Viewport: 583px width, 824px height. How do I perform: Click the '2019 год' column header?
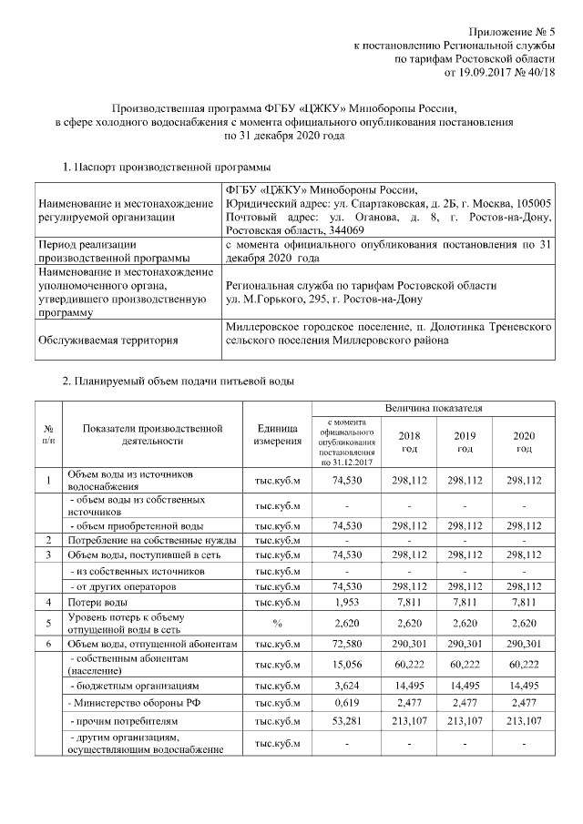(x=465, y=443)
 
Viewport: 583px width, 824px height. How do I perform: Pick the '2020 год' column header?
(x=524, y=443)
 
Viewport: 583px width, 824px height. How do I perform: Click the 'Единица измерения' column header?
(x=278, y=434)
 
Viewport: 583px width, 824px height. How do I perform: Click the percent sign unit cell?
(x=278, y=624)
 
